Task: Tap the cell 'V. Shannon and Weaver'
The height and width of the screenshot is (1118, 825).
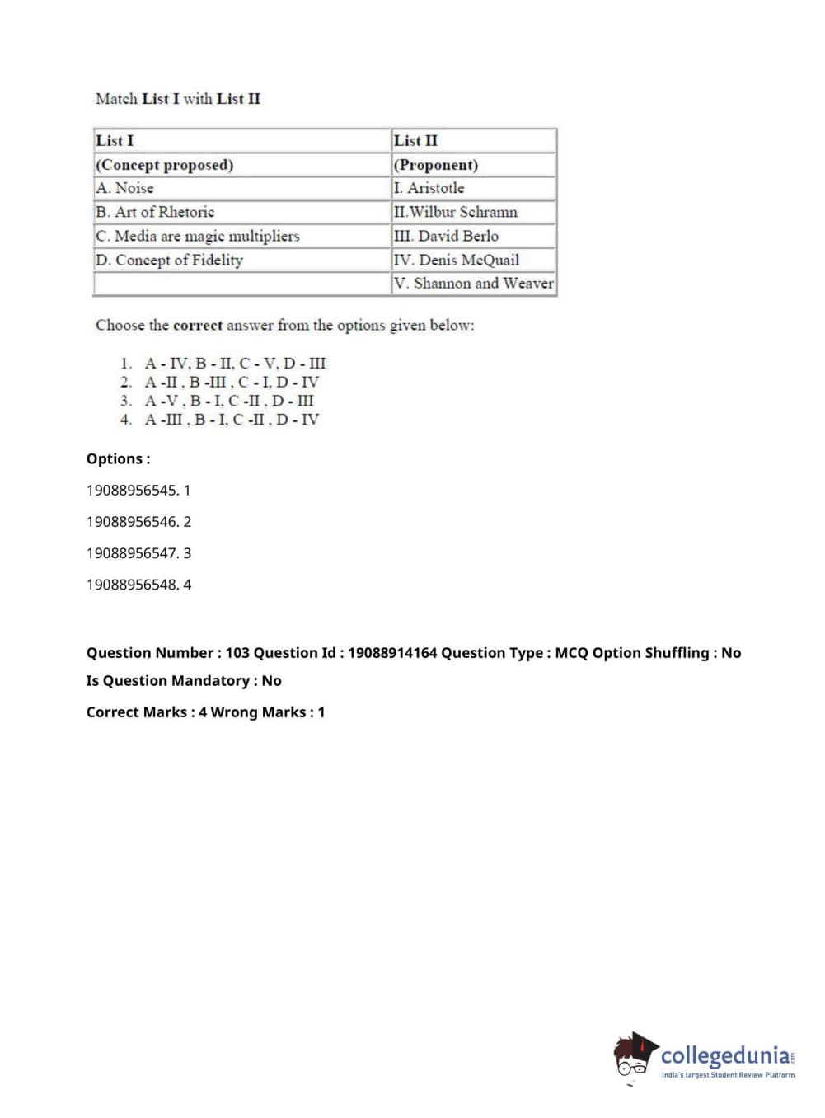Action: click(x=474, y=283)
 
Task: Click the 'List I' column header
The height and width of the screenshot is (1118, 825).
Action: click(x=115, y=140)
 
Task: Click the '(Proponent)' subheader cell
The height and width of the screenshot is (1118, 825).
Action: click(x=436, y=164)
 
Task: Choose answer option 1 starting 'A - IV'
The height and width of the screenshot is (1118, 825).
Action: click(x=235, y=363)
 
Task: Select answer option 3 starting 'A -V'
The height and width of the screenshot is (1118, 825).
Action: click(x=229, y=401)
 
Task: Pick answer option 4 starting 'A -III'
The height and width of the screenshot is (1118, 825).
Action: click(x=232, y=419)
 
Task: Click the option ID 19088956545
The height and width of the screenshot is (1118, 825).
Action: click(x=132, y=490)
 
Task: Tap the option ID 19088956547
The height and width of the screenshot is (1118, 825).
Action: click(x=132, y=552)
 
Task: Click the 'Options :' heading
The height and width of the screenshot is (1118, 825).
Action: click(x=119, y=458)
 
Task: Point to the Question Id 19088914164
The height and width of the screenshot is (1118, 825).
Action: click(x=392, y=652)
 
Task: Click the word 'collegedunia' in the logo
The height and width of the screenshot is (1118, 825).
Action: click(x=724, y=1055)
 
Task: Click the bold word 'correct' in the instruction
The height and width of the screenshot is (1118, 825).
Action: click(x=198, y=325)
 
